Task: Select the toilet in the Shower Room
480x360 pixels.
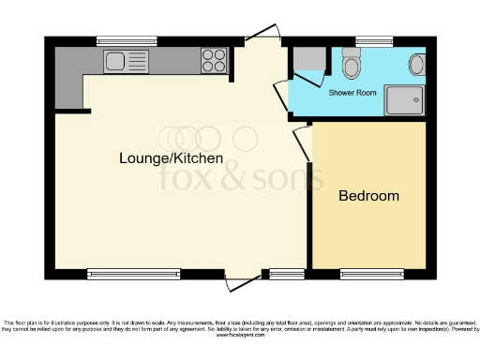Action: [x=352, y=65]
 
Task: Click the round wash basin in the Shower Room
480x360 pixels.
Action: [x=416, y=64]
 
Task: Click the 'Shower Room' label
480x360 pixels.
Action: [x=352, y=93]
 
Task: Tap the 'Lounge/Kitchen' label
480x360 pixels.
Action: [x=171, y=158]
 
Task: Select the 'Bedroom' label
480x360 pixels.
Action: [x=368, y=196]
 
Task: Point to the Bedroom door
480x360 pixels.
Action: [x=302, y=143]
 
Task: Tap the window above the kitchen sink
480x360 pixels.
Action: [x=126, y=41]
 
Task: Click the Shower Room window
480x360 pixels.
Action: [x=367, y=41]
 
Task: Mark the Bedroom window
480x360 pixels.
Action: [x=366, y=274]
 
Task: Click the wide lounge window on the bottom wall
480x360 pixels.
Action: [x=132, y=274]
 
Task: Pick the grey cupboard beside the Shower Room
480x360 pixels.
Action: [x=306, y=61]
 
